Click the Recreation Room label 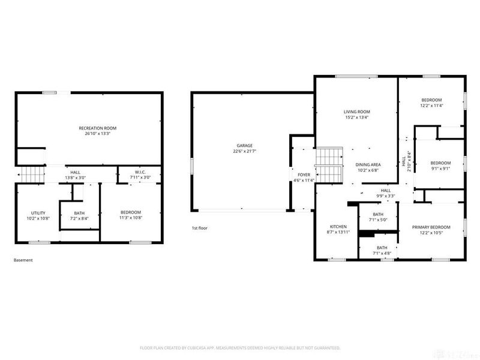97,128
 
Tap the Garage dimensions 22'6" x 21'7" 244,151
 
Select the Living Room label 356,112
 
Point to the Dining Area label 368,164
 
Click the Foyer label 304,175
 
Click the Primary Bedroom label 431,227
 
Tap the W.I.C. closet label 134,172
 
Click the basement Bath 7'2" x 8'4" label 79,213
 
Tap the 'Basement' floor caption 23,260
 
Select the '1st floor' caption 199,229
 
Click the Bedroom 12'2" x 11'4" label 431,100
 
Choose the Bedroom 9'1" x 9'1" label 440,163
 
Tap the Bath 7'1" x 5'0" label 378,214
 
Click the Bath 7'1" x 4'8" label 382,248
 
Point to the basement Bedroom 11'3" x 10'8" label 130,213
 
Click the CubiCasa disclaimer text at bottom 240,348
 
